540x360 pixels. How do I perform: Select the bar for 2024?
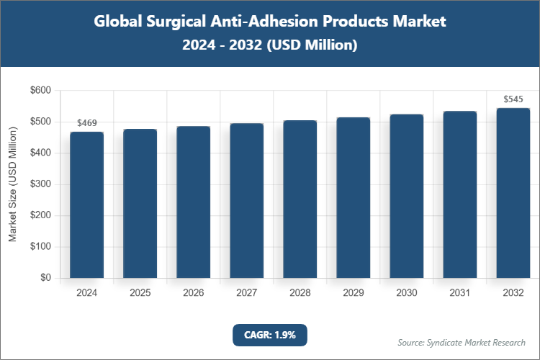[x=87, y=205]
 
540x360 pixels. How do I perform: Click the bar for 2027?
[x=247, y=201]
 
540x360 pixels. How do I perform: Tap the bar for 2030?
[x=407, y=196]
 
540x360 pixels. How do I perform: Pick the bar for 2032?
[x=513, y=193]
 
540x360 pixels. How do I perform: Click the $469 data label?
[x=87, y=123]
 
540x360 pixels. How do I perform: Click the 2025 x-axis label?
[x=140, y=293]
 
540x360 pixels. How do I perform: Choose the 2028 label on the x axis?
[x=300, y=293]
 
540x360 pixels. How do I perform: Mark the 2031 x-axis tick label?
[x=460, y=293]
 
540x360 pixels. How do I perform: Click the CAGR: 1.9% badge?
[x=270, y=335]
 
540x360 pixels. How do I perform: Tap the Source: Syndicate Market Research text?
[x=462, y=342]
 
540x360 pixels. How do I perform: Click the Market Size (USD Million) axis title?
[x=12, y=184]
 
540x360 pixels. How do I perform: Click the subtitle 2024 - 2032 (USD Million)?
[x=270, y=45]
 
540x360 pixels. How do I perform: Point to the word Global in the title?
[x=120, y=22]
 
